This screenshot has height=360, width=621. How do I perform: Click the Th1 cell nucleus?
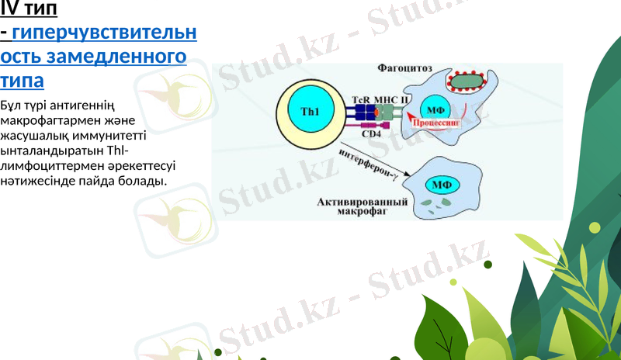310,112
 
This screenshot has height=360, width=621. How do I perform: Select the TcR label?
361,99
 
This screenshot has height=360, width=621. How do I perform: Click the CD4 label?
372,133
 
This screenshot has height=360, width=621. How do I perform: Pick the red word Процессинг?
438,122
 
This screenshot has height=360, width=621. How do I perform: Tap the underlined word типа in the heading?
22,80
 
